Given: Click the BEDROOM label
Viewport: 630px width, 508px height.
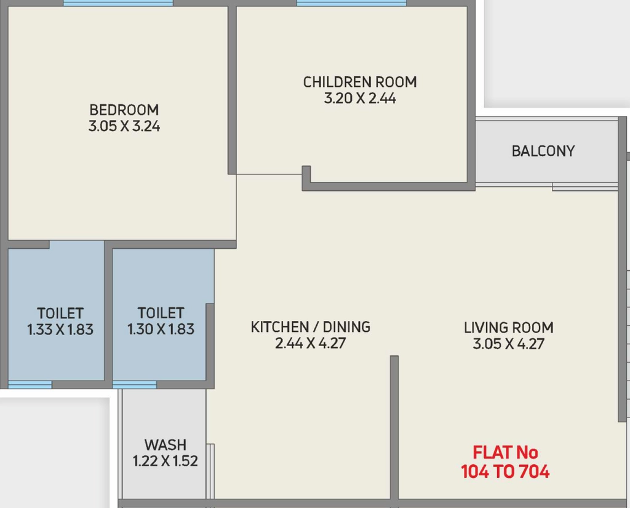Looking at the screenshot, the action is (124, 110).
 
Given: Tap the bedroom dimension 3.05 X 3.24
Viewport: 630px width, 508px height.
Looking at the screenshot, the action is (124, 126).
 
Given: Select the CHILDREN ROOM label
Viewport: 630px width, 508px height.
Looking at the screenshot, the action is (360, 82).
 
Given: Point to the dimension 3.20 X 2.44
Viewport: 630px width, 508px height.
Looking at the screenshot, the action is (360, 99).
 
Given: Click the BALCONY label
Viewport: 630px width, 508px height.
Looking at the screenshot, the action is (543, 151).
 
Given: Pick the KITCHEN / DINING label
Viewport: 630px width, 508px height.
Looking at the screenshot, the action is (311, 327).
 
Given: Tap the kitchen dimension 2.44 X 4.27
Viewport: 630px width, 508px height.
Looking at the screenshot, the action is (311, 344).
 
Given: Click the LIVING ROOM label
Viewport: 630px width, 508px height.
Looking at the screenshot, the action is (509, 328).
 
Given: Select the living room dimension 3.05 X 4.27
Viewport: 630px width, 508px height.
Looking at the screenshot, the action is (509, 344).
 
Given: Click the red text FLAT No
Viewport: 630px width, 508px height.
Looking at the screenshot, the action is (506, 453).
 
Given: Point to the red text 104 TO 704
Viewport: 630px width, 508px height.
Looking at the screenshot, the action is (506, 472).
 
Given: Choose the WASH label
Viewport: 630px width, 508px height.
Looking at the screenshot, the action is (165, 445).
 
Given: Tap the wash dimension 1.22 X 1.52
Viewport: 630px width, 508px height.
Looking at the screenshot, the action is (165, 461).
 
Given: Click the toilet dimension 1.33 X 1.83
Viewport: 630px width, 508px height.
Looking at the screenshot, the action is (60, 329).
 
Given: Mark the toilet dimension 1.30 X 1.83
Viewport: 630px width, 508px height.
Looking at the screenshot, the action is (161, 329).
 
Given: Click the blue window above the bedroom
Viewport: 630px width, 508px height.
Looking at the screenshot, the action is (118, 3).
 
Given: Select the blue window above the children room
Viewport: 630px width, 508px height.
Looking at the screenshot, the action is (351, 3).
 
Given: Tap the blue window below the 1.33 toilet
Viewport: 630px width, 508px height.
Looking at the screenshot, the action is (30, 385).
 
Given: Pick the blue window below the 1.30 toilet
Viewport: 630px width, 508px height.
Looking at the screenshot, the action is (135, 385).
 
